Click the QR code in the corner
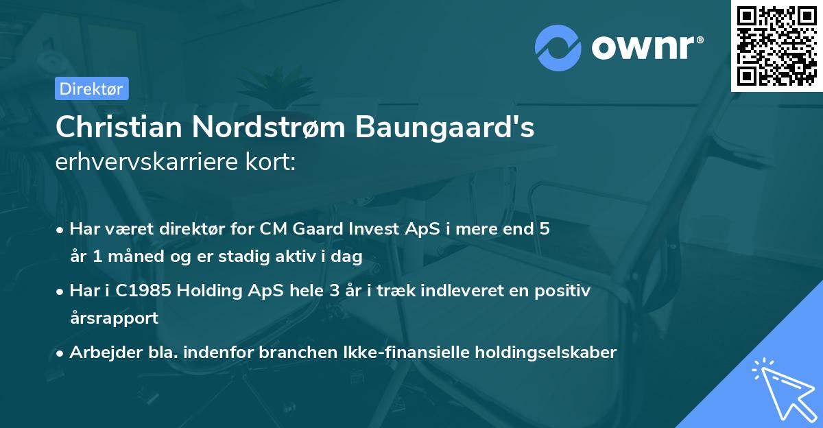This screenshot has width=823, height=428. pos(776,46)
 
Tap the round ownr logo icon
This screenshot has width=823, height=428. pos(558,48)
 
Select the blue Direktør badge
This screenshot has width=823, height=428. pos(91,88)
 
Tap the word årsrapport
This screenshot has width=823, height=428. pos(114,318)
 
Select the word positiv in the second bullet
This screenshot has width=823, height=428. pos(562,291)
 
